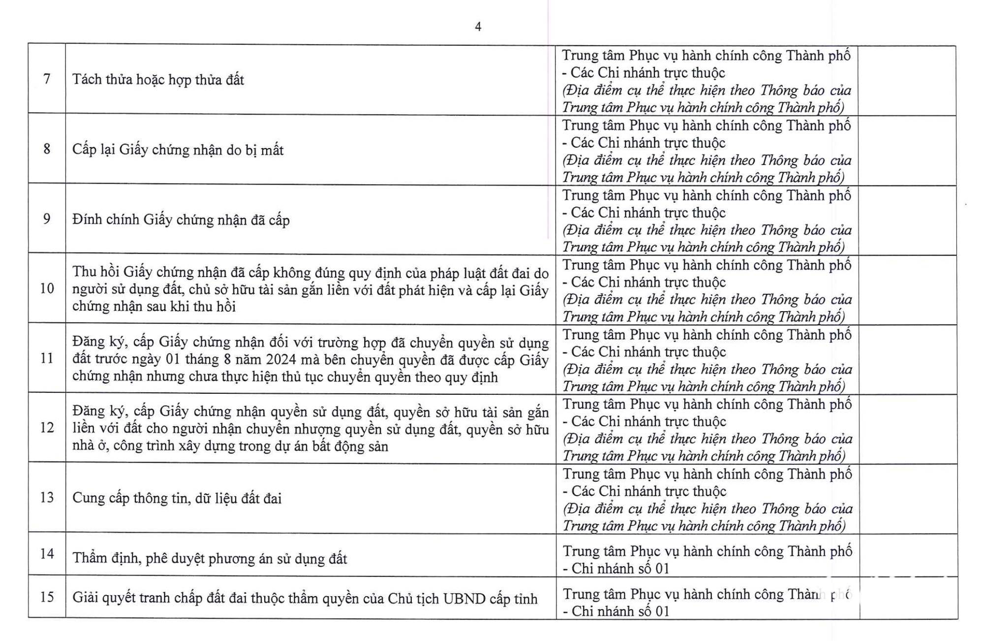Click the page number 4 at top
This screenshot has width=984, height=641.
(x=478, y=27)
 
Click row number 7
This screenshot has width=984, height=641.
(x=47, y=79)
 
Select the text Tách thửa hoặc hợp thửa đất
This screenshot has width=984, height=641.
(x=158, y=80)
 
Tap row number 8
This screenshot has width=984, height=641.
(x=47, y=149)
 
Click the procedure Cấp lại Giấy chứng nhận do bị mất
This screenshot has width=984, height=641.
(x=178, y=150)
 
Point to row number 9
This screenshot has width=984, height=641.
(x=47, y=219)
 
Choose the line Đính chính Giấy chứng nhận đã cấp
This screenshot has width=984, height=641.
(x=181, y=220)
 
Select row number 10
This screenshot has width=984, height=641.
(x=47, y=288)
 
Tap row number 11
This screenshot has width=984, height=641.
(x=47, y=358)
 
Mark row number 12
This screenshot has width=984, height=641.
(x=47, y=427)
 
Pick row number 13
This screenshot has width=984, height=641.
(x=47, y=497)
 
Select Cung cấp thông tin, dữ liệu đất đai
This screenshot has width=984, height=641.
(x=177, y=498)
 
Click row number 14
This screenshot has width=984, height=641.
(x=47, y=554)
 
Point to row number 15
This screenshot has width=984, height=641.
(x=47, y=597)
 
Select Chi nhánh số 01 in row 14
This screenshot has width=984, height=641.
(x=620, y=569)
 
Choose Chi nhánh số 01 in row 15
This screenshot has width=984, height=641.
(x=620, y=611)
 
